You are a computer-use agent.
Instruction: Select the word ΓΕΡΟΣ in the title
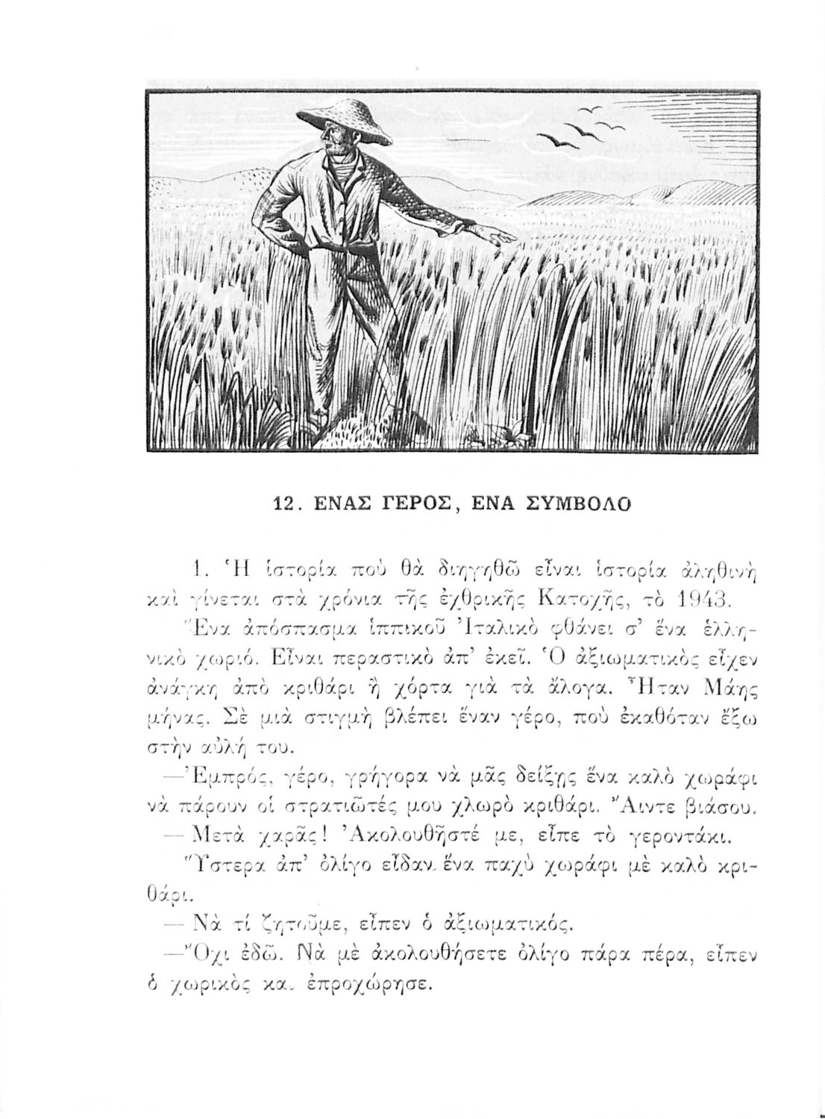coord(412,504)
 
